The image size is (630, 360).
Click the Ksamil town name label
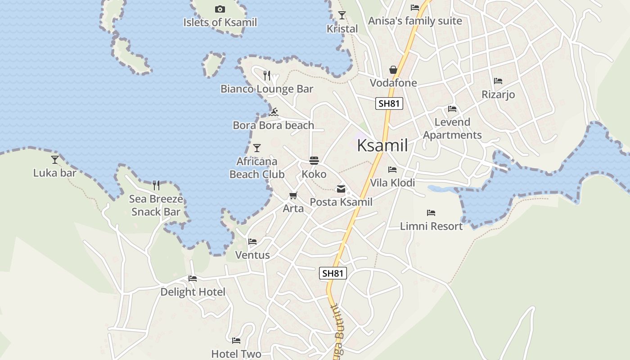[x=382, y=145]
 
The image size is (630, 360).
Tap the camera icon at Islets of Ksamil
[x=220, y=9]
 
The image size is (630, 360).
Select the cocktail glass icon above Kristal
[x=342, y=15]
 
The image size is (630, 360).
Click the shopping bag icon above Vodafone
[x=393, y=70]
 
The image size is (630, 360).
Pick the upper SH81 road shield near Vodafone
[x=389, y=103]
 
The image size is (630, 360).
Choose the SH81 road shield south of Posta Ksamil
[x=333, y=273]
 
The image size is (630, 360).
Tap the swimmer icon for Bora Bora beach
[x=274, y=112]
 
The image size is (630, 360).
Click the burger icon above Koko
[x=314, y=161]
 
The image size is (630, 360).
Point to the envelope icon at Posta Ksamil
[x=341, y=189]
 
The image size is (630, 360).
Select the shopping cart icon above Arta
[x=293, y=196]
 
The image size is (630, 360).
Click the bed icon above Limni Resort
[x=431, y=213]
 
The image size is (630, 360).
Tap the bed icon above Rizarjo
[x=498, y=81]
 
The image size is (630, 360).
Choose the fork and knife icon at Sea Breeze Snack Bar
[x=156, y=185]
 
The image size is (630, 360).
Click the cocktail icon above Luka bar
[x=55, y=159]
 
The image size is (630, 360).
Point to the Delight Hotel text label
[x=193, y=292]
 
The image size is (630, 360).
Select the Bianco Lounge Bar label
[x=267, y=89]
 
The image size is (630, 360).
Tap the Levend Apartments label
[x=452, y=129]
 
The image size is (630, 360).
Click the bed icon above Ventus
[x=252, y=242]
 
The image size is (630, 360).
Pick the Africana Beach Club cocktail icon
[x=257, y=148]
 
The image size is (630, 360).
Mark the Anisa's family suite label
[x=415, y=21]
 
